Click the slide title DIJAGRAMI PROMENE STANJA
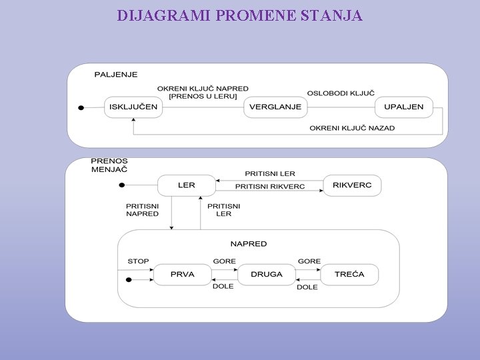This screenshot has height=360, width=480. (240, 15)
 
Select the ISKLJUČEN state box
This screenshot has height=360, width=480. (133, 107)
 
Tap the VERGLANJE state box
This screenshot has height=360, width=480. (275, 107)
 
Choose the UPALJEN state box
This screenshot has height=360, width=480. (404, 107)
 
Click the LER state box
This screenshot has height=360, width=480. (187, 185)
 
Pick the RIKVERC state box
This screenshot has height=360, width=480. (352, 185)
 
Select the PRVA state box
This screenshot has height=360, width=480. (182, 274)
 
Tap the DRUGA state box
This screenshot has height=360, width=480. (267, 274)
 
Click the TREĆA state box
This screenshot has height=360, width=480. (349, 274)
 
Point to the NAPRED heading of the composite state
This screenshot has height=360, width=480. (249, 244)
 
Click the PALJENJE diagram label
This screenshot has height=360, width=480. (115, 75)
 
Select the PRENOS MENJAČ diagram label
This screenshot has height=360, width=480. (109, 165)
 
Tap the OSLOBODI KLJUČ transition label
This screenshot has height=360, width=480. (341, 93)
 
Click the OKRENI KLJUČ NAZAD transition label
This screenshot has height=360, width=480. (352, 127)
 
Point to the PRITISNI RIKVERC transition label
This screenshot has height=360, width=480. (270, 187)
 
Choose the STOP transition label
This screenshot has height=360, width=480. (139, 261)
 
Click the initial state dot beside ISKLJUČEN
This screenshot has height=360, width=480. (81, 107)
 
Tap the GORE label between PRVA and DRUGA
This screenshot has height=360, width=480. (224, 261)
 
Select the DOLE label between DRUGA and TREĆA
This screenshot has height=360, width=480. (307, 287)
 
